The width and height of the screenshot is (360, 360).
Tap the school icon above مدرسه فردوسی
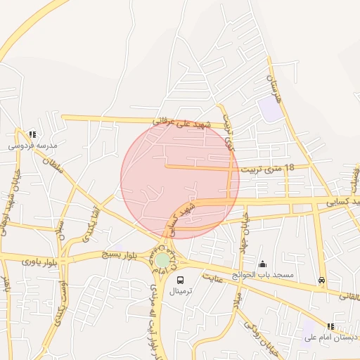point(32,134)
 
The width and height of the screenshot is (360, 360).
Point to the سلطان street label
point(53,163)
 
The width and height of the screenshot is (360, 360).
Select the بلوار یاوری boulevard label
point(37,261)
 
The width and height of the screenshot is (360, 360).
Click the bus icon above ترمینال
point(181,280)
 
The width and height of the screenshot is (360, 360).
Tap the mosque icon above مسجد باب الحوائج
point(263,264)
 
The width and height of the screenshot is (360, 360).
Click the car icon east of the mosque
point(322,280)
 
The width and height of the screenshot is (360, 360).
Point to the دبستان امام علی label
point(331,337)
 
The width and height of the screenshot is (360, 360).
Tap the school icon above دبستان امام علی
point(330,326)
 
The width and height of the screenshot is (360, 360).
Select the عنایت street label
point(217,277)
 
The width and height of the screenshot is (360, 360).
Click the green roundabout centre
point(162,260)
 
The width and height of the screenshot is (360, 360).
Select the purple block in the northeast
point(269,109)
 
